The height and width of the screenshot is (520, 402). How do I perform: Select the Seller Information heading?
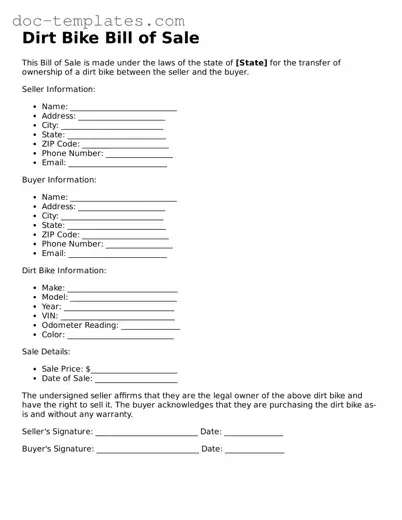click(x=59, y=89)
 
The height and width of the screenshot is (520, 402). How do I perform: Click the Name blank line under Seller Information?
click(x=123, y=107)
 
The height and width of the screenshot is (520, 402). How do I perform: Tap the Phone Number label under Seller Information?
click(x=72, y=153)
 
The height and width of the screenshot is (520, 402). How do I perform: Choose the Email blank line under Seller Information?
click(x=117, y=163)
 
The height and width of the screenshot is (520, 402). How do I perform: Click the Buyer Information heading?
click(x=59, y=180)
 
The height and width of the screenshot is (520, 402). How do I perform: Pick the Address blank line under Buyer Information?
click(x=121, y=207)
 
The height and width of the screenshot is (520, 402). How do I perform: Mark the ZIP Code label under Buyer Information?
click(x=60, y=234)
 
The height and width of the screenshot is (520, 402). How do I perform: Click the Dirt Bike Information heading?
click(x=64, y=270)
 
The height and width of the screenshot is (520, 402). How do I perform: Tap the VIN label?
click(x=50, y=316)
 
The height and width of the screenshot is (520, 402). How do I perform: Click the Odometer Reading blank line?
click(x=151, y=326)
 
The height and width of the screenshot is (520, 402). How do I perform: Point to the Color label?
click(x=53, y=335)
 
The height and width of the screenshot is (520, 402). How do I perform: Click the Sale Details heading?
click(x=46, y=352)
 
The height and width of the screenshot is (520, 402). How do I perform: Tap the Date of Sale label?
click(x=67, y=379)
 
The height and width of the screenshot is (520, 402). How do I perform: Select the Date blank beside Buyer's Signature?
click(x=254, y=450)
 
